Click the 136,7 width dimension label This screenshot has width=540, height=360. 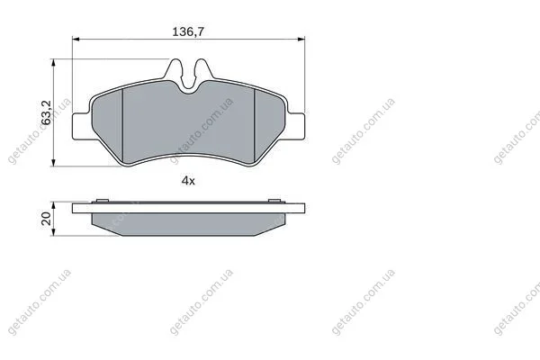[188, 31]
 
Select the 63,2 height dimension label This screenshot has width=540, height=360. [46, 112]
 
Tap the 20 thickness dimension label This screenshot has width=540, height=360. [46, 219]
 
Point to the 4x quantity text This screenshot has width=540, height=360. [188, 181]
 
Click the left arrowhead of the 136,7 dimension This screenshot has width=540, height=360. [76, 40]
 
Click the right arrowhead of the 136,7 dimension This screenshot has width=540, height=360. [301, 40]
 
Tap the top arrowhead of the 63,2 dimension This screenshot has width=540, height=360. [53, 63]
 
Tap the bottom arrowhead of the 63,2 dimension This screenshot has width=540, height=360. [53, 163]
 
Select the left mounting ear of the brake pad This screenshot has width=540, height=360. [82, 126]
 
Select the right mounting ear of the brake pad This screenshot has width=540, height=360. [296, 126]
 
